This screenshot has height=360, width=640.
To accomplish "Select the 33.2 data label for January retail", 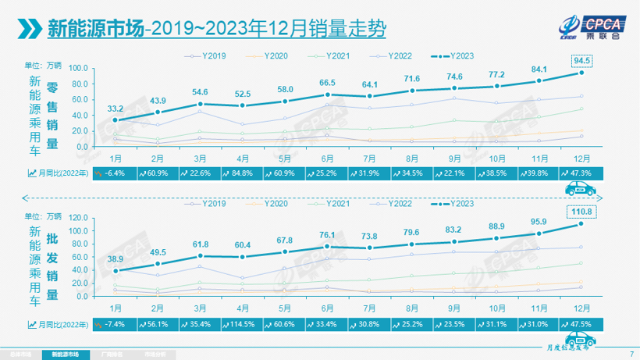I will pos(116,108).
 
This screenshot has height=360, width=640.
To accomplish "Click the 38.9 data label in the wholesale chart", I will pos(116,258).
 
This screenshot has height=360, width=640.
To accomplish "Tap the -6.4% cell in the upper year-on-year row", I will pos(116,172).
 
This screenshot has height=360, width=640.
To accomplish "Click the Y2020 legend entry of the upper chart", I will pos(270,56).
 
